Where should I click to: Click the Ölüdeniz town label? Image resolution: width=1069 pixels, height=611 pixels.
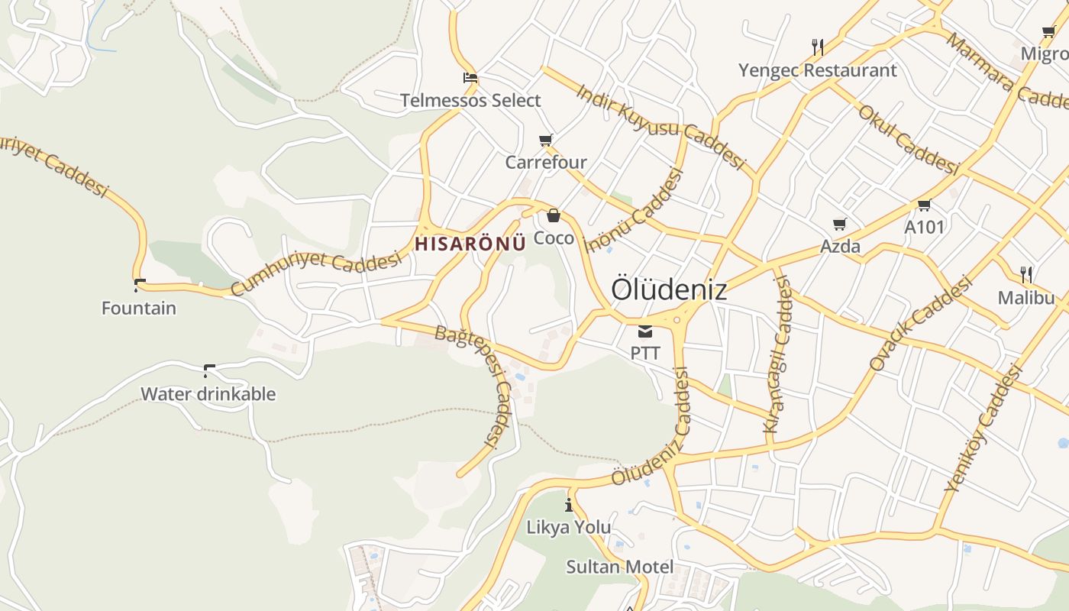pyautogui.click(x=669, y=290)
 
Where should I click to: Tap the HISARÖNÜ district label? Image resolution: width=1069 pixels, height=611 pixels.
pyautogui.click(x=470, y=244)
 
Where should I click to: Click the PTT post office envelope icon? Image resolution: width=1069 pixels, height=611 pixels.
pyautogui.click(x=645, y=331)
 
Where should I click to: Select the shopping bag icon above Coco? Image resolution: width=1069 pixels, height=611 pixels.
pyautogui.click(x=554, y=216)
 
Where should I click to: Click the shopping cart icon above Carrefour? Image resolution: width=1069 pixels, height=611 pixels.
pyautogui.click(x=546, y=140)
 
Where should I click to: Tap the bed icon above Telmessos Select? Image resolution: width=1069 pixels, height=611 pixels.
pyautogui.click(x=470, y=78)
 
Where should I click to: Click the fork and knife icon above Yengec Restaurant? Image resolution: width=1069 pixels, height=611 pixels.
pyautogui.click(x=818, y=47)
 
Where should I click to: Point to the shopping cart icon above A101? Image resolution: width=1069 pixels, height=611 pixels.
pyautogui.click(x=925, y=205)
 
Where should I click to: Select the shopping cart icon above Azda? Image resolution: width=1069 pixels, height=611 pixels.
pyautogui.click(x=840, y=225)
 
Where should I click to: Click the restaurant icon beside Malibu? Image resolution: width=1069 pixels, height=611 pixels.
pyautogui.click(x=1026, y=275)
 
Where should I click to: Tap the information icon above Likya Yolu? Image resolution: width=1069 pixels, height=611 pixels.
pyautogui.click(x=569, y=505)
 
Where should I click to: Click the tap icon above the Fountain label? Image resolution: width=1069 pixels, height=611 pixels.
pyautogui.click(x=139, y=286)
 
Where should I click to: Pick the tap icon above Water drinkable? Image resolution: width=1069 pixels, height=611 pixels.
pyautogui.click(x=208, y=371)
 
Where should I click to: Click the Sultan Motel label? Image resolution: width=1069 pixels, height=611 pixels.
pyautogui.click(x=620, y=567)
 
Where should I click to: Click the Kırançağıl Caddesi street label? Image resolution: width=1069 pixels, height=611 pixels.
pyautogui.click(x=779, y=355)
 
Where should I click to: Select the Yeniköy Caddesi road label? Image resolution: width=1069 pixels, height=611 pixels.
pyautogui.click(x=983, y=428)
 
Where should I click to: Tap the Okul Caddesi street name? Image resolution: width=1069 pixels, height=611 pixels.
pyautogui.click(x=909, y=141)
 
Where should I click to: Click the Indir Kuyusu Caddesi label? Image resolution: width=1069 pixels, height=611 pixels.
pyautogui.click(x=660, y=126)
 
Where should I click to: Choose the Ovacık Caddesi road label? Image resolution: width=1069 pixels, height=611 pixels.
pyautogui.click(x=922, y=323)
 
